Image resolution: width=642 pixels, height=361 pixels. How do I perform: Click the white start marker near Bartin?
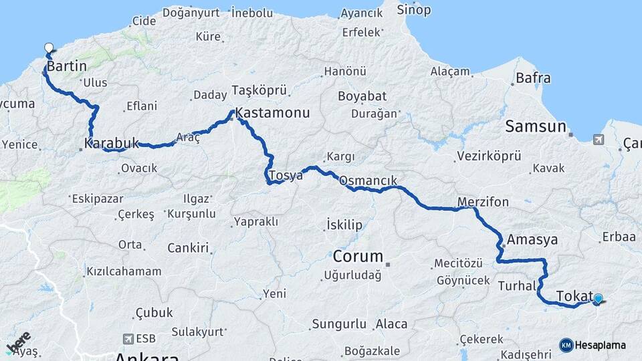click(x=49, y=48)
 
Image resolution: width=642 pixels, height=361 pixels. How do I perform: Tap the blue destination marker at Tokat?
click(x=598, y=299)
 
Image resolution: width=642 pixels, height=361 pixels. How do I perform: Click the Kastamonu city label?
click(x=272, y=113)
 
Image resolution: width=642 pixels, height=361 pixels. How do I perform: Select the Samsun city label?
click(x=536, y=126)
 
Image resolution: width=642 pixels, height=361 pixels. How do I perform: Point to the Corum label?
click(x=358, y=256)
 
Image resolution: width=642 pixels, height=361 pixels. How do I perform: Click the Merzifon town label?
click(x=483, y=201)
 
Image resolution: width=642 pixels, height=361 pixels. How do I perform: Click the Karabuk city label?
click(x=112, y=142)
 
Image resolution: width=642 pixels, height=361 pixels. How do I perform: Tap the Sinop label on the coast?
click(x=414, y=10)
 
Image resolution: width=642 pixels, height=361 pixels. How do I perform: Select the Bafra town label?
click(x=533, y=78)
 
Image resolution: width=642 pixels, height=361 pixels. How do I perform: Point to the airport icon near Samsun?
click(x=597, y=139)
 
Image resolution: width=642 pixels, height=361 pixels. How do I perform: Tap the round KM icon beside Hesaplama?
click(x=566, y=345)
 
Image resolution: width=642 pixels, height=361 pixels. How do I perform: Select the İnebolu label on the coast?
click(x=251, y=12)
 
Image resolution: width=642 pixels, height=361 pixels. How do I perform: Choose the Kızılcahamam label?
click(x=123, y=271)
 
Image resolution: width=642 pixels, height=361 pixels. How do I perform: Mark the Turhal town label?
click(x=517, y=286)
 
